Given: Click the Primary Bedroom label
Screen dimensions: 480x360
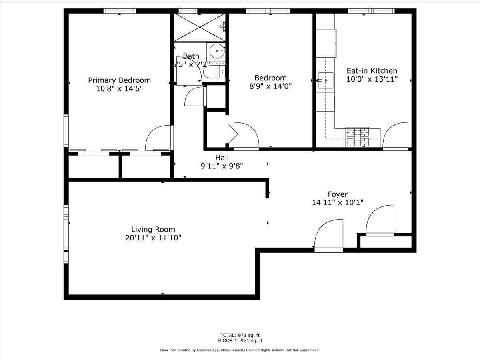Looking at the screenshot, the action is tap(119, 80).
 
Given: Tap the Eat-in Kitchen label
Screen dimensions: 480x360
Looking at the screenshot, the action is tap(372, 71).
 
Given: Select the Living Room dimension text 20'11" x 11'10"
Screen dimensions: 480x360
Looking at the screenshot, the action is tap(153, 238).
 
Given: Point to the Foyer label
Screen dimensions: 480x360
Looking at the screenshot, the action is tap(338, 194).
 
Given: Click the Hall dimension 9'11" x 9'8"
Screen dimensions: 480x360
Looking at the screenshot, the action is tap(222, 166).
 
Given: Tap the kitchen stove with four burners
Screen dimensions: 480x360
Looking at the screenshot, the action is tap(358, 137).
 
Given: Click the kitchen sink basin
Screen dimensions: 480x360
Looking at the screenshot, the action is tap(326, 80).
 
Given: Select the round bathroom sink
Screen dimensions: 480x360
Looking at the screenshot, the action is tap(217, 51).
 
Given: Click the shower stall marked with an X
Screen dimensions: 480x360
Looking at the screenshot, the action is tap(200, 28).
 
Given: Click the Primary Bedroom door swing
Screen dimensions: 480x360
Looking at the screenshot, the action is tap(158, 138).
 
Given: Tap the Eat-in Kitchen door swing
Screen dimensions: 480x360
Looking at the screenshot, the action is tap(395, 135).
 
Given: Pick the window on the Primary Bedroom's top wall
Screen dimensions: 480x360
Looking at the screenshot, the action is tap(120, 11).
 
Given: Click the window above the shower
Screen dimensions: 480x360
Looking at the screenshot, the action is tap(188, 11).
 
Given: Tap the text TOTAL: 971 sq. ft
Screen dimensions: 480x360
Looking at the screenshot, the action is tap(240, 335).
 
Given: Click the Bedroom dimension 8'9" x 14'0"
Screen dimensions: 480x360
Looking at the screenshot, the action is tap(270, 86).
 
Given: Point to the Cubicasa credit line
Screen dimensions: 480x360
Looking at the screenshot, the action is tap(240, 350).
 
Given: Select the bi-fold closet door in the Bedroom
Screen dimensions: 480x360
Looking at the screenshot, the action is tap(233, 134).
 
